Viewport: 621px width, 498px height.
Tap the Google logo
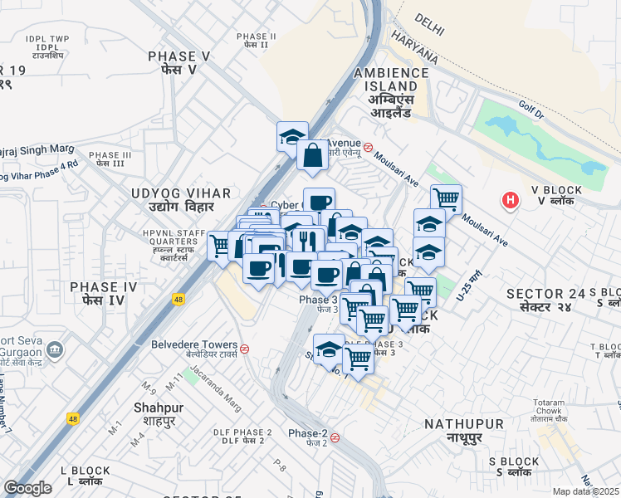click(27, 488)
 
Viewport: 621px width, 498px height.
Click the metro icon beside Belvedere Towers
click(245, 348)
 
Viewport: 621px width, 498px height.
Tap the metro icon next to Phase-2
click(335, 437)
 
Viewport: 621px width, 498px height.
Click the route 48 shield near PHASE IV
click(178, 299)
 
